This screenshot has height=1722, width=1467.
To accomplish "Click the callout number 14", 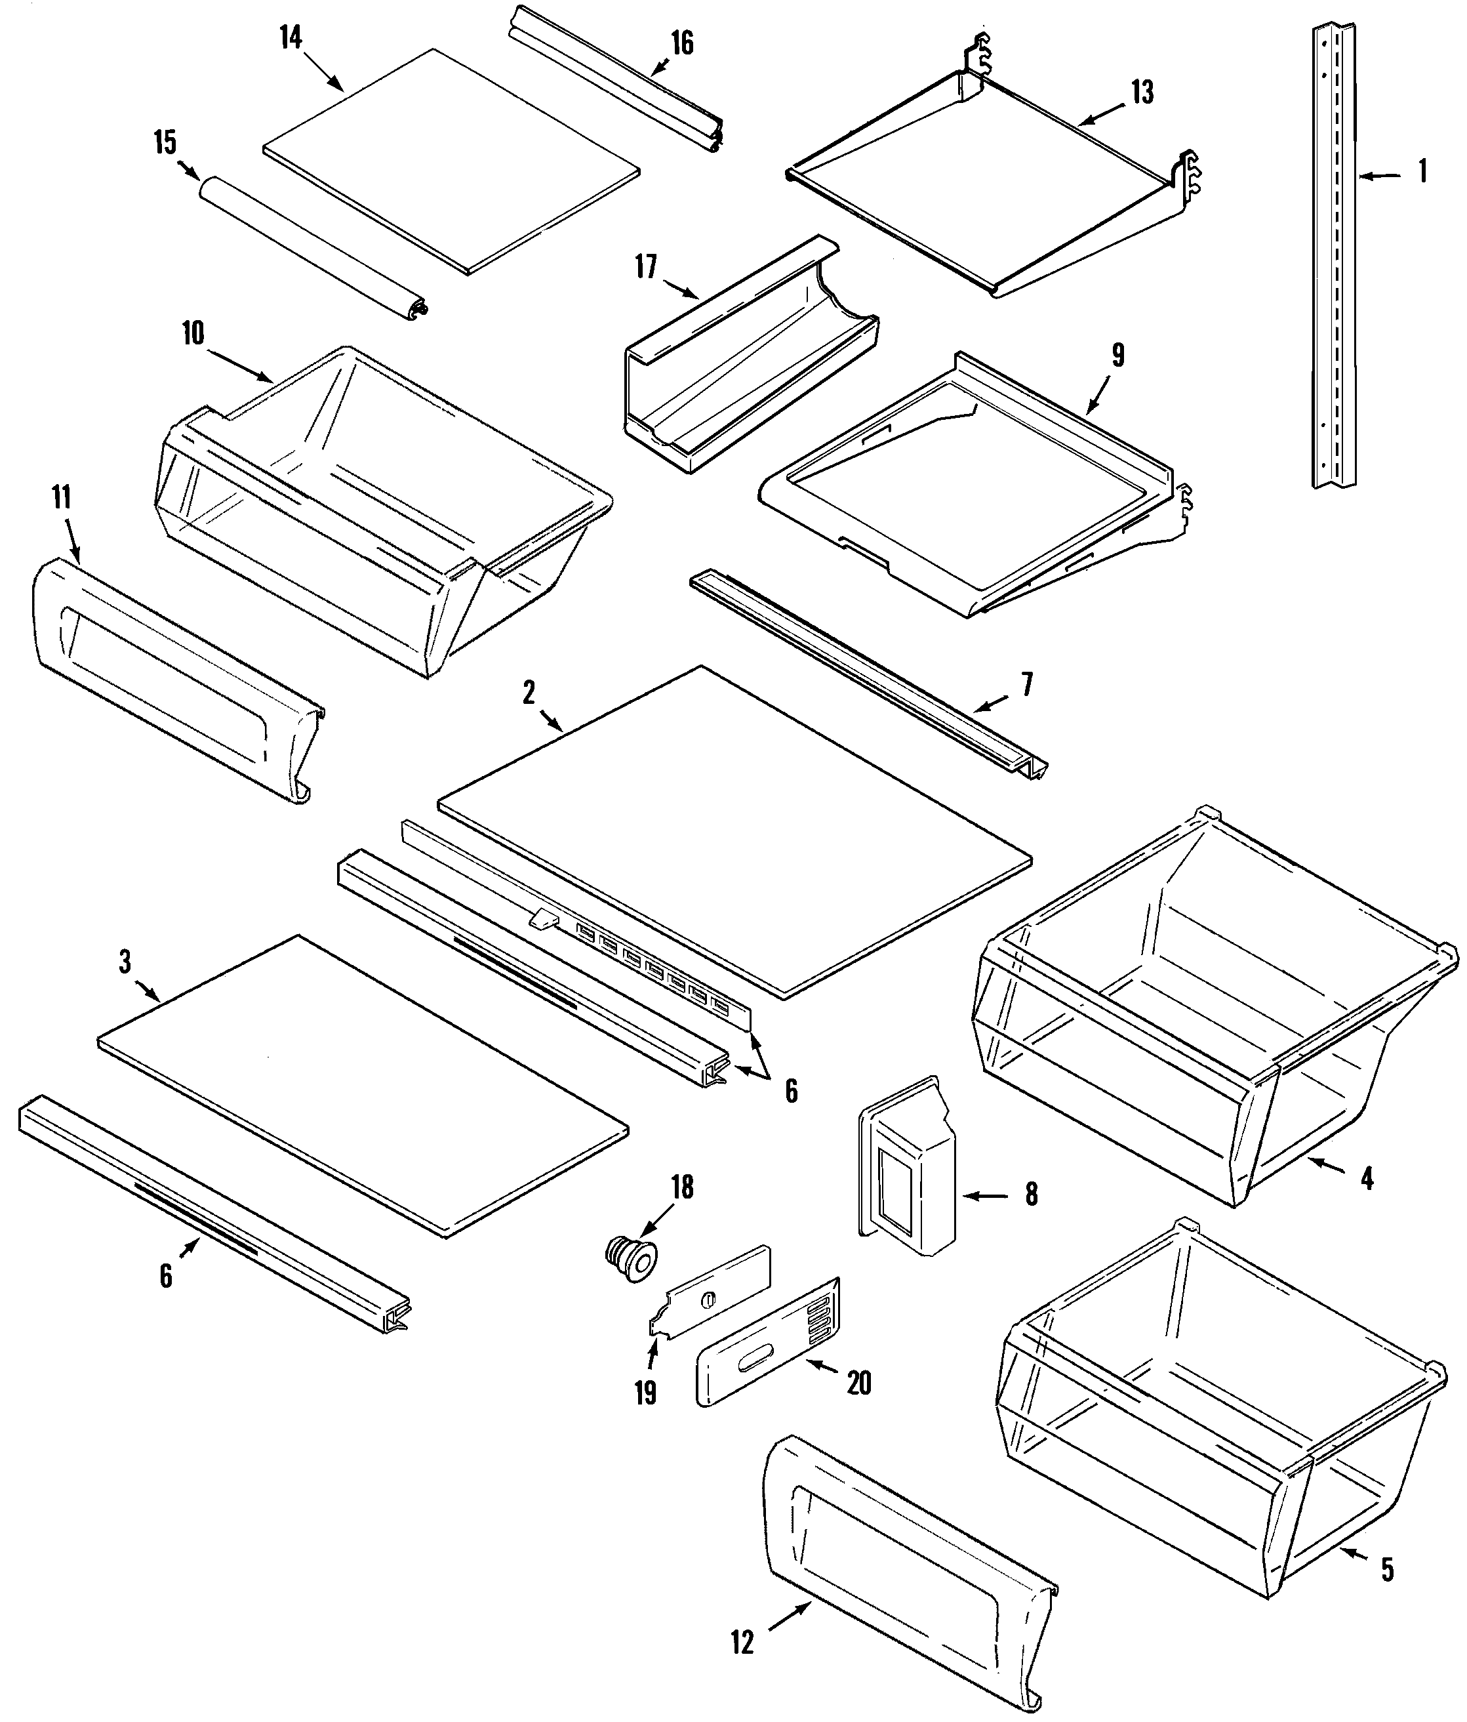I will (290, 38).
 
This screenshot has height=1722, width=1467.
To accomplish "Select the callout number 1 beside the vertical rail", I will (1422, 171).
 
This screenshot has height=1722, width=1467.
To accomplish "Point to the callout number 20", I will (859, 1384).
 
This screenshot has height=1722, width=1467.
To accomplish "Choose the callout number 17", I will (646, 268).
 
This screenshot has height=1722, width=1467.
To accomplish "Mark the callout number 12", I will (742, 1643).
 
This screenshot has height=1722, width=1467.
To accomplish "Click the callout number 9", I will (1117, 356).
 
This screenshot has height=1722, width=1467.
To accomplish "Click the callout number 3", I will (125, 962).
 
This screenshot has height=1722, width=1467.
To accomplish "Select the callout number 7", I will (1027, 685).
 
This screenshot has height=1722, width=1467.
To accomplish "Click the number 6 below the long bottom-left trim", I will (166, 1276).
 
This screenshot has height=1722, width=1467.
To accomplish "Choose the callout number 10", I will (193, 334).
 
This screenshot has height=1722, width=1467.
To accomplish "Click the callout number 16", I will (682, 43).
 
